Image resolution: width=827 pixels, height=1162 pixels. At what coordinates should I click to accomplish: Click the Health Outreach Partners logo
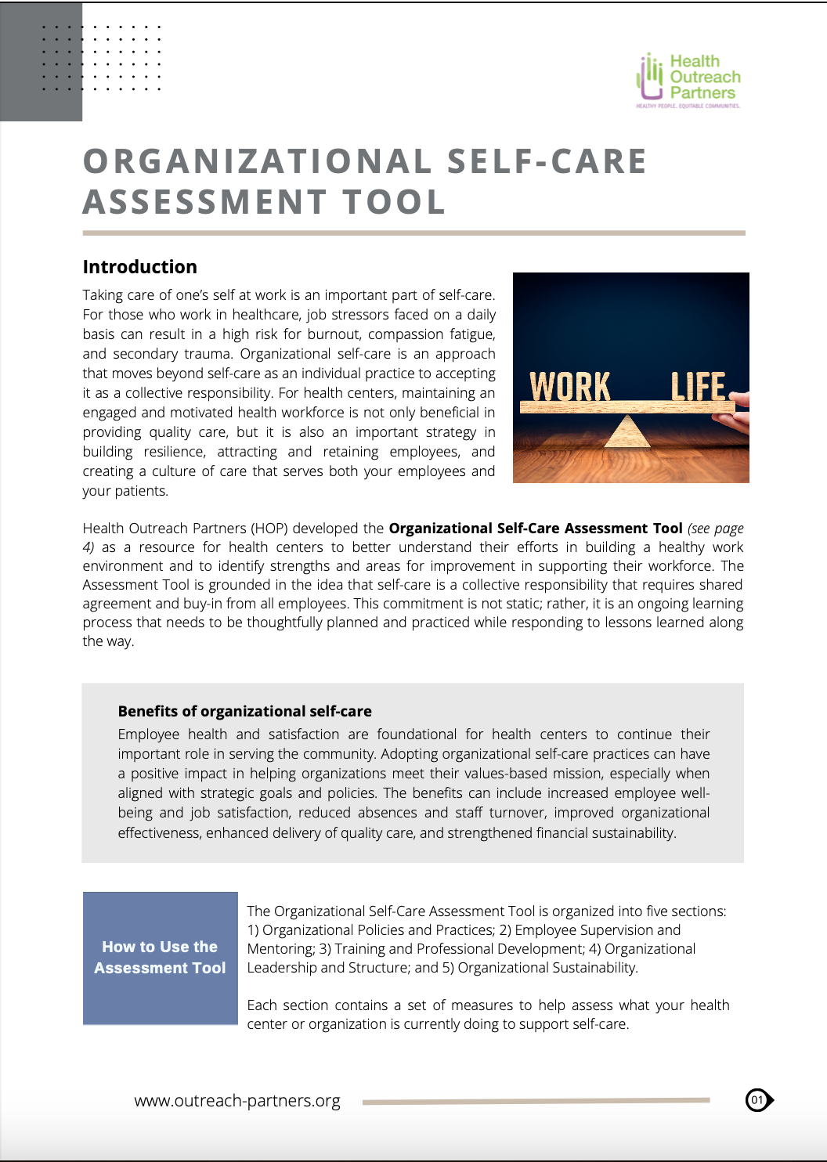[x=688, y=80]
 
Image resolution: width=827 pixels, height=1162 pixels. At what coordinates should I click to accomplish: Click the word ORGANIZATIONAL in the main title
[x=258, y=162]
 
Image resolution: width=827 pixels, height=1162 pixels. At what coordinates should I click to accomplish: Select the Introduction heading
[x=139, y=267]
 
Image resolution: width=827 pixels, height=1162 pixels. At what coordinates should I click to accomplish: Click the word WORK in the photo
[x=569, y=387]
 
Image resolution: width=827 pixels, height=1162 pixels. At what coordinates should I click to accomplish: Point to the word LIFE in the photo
[x=698, y=387]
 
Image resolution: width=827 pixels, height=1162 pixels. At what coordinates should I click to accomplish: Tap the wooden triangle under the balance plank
[x=627, y=431]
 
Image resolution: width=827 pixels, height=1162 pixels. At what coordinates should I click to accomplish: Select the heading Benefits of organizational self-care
[x=244, y=711]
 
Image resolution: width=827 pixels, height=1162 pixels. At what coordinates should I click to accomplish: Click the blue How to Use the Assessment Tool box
[x=160, y=958]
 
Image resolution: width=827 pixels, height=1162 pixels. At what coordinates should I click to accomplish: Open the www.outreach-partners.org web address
[x=237, y=1100]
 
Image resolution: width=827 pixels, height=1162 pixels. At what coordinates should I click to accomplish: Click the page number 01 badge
[x=757, y=1100]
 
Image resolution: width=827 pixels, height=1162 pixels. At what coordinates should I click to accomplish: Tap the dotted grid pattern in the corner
[x=101, y=58]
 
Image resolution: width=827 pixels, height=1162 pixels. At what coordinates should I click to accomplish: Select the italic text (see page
[x=715, y=529]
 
